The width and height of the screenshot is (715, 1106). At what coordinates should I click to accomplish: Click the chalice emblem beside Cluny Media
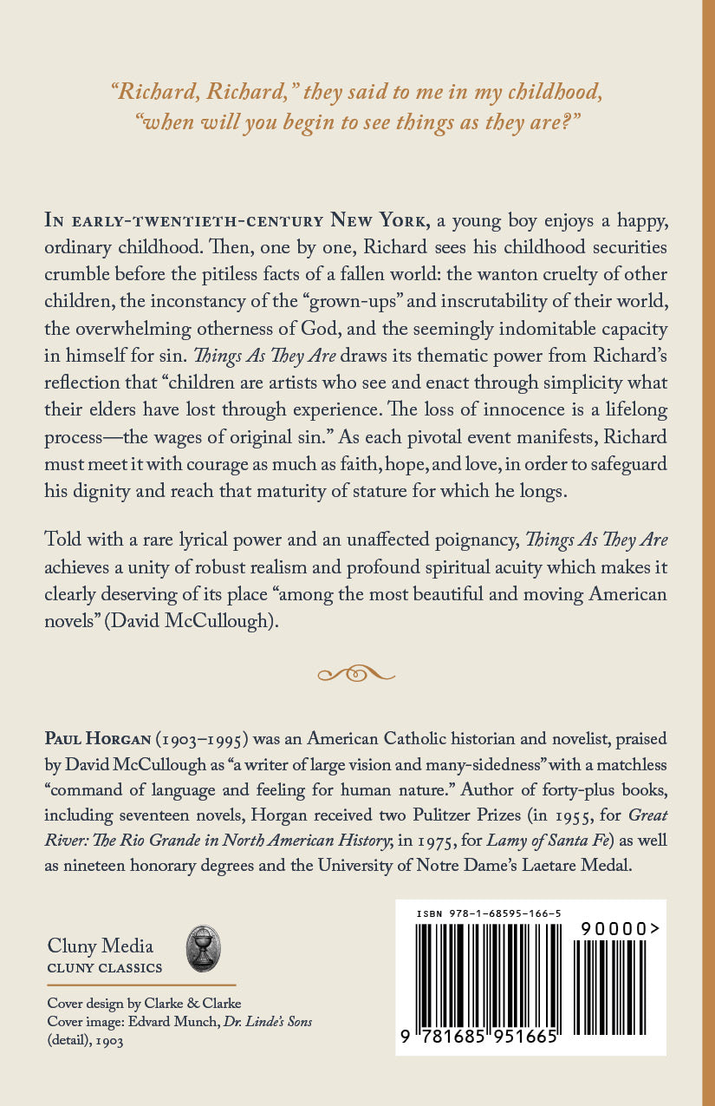click(204, 948)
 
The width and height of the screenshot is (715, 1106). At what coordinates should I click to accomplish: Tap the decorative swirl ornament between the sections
click(356, 673)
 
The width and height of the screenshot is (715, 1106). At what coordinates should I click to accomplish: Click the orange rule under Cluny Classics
click(141, 985)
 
